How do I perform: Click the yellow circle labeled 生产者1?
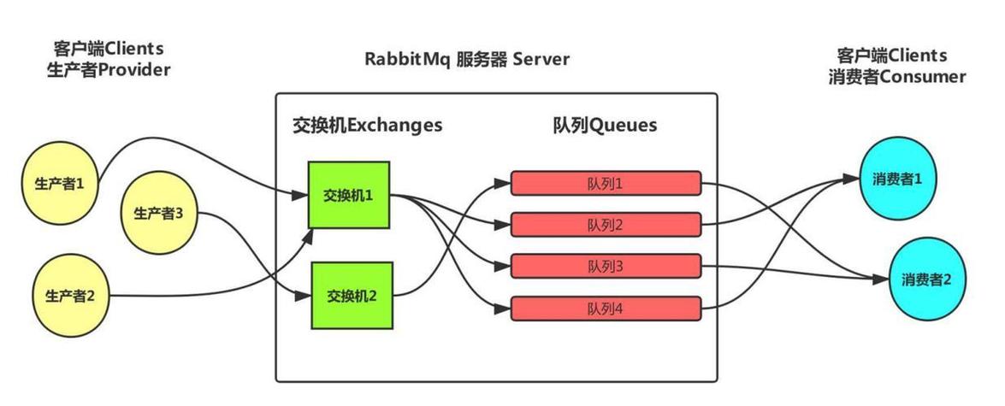click(59, 183)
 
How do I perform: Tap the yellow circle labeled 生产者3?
click(157, 214)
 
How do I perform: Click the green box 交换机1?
click(348, 195)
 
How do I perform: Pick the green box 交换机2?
click(352, 297)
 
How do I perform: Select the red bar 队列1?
click(606, 183)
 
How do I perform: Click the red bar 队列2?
click(606, 225)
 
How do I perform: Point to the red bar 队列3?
click(606, 266)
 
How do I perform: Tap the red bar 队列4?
click(606, 308)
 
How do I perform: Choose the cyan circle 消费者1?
click(897, 179)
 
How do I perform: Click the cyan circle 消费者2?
click(926, 279)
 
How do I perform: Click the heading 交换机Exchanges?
click(368, 125)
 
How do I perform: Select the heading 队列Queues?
click(605, 125)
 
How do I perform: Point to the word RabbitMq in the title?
click(405, 59)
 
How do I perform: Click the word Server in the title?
click(541, 59)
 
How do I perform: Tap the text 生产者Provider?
click(108, 70)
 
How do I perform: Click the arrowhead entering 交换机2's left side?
click(302, 297)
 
